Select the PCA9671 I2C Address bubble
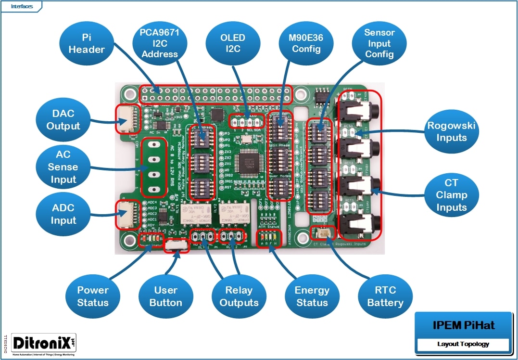coord(159,43)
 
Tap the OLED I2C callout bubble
coord(232,43)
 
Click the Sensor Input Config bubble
coord(379,43)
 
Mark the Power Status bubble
coord(93,296)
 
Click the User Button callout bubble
coord(166,296)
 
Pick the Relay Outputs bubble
coord(239,296)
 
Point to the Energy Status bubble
coord(312,296)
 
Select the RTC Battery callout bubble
coord(385,296)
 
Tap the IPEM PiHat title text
coord(464,326)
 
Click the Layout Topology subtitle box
coord(463,344)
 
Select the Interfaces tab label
coord(22,6)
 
